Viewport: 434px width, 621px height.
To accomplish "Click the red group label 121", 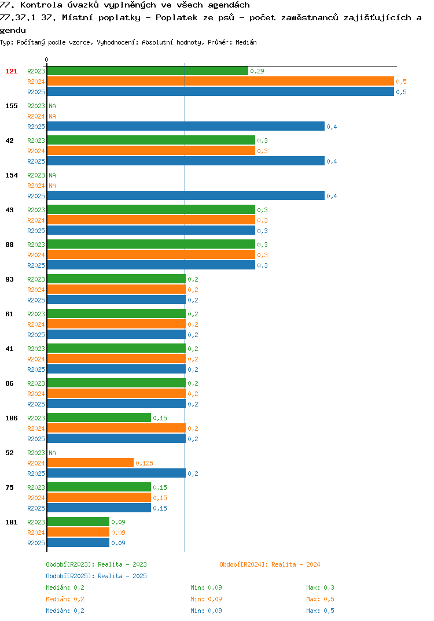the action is (11, 71).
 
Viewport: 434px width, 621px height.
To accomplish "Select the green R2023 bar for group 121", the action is (148, 71).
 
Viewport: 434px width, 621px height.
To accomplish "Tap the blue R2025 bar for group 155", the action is (186, 126).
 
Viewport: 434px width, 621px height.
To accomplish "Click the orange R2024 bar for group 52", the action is (90, 463).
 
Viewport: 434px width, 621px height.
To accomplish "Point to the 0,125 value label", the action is (144, 463).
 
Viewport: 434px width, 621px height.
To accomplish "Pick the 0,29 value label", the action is (258, 71).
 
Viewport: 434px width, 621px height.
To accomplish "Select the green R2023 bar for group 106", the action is (99, 417).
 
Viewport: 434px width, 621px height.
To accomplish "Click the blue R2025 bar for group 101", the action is (78, 542).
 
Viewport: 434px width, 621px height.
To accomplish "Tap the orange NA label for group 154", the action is (52, 186).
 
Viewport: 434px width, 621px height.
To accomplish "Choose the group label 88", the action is (9, 245).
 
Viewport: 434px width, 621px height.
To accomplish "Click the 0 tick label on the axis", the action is (46, 60).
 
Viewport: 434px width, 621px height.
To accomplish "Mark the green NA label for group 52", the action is (52, 453).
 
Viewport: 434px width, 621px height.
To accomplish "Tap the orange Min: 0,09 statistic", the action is (206, 599).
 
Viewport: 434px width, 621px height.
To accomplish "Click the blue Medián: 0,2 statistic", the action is (65, 611).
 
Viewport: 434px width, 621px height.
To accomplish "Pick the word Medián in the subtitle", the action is (246, 42).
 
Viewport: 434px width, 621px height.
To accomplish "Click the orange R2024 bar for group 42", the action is (151, 150).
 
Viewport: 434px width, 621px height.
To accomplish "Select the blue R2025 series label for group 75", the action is (36, 508).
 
